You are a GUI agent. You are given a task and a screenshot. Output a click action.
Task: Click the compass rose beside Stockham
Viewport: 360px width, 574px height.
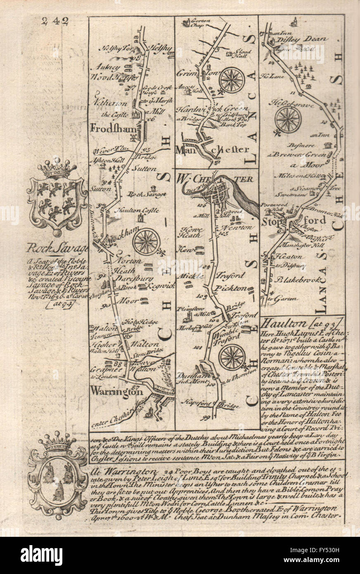146,242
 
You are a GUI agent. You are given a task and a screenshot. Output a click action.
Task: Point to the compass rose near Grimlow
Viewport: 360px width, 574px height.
232,79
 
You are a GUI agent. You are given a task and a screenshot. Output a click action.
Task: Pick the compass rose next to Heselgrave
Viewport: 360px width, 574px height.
288,119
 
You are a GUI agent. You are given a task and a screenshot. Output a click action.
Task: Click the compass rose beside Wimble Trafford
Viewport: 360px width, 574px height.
232,356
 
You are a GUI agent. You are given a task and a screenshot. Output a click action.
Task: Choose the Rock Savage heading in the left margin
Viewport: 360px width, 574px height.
58,249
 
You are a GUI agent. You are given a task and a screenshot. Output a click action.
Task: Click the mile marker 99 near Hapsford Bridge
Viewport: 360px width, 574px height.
205,417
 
